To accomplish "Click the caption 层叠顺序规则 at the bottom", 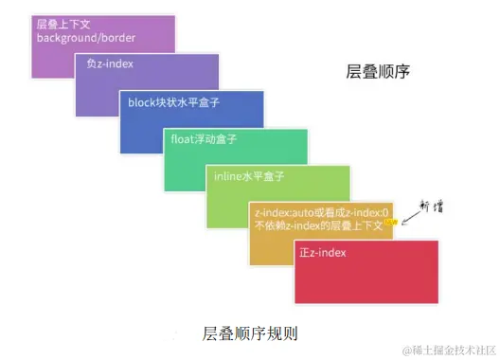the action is coord(248,334).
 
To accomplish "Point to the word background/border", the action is coord(86,38).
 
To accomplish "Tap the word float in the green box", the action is coord(183,139).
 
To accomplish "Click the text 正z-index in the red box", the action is coord(323,253).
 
